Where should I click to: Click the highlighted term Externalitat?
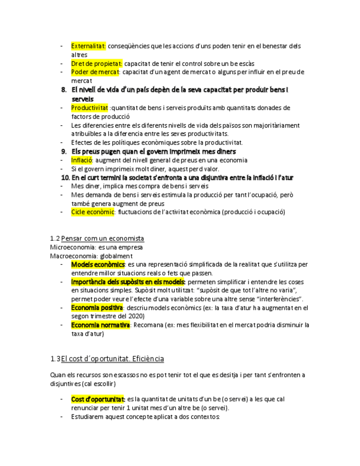pyautogui.click(x=88, y=46)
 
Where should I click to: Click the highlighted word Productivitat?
pyautogui.click(x=90, y=108)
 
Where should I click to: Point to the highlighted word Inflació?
pyautogui.click(x=82, y=160)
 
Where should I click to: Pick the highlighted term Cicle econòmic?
pyautogui.click(x=92, y=212)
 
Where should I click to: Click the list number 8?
pyautogui.click(x=64, y=90)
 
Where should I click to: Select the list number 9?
pyautogui.click(x=64, y=151)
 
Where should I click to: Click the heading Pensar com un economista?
pyautogui.click(x=103, y=238)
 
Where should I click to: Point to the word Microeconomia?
pyautogui.click(x=69, y=247)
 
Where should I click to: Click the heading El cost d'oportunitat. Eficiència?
pyautogui.click(x=113, y=359)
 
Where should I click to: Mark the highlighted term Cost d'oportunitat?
pyautogui.click(x=98, y=399)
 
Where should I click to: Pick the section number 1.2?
pyautogui.click(x=54, y=238)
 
